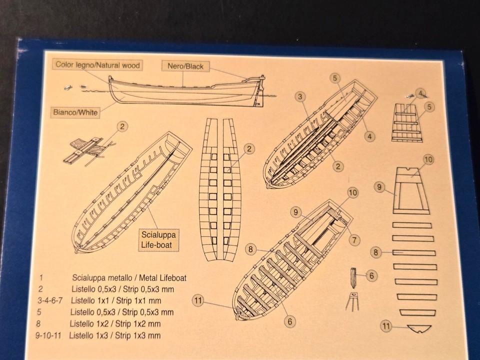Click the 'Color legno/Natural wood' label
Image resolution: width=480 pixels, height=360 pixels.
tap(98, 64)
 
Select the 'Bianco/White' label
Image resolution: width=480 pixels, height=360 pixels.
tap(75, 112)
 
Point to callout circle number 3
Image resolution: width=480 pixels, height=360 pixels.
tap(300, 96)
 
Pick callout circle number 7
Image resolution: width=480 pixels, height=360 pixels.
tap(354, 240)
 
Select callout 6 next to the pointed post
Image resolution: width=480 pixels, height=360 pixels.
tap(371, 275)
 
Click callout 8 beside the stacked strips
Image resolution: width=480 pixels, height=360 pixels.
tap(376, 252)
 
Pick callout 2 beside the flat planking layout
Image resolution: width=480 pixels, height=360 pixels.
tap(249, 148)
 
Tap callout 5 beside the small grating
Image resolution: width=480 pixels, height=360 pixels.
tap(429, 106)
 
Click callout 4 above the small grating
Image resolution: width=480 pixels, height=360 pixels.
tap(420, 92)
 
